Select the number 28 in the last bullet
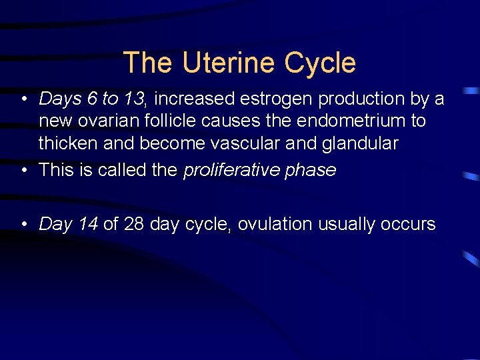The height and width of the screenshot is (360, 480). [133, 224]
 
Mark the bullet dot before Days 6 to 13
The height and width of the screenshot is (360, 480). [23, 99]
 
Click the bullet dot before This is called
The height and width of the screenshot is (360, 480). [23, 170]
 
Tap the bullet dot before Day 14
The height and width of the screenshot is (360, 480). [23, 225]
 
